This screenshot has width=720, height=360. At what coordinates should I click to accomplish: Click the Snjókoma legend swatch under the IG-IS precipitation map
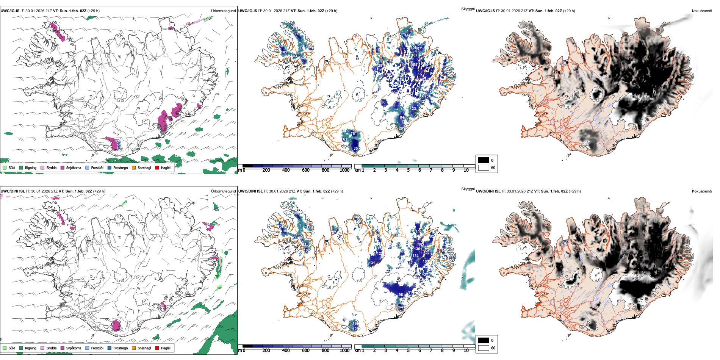63,167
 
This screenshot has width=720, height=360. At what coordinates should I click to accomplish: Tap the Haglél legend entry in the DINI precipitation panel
165,348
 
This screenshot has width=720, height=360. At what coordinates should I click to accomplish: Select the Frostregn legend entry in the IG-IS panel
120,167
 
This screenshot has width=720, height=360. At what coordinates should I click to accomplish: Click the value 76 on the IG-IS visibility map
353,133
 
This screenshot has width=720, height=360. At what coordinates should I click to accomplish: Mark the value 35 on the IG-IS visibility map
356,149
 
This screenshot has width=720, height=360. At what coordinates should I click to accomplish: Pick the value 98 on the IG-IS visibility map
383,102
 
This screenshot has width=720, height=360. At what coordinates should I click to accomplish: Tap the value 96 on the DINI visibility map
401,294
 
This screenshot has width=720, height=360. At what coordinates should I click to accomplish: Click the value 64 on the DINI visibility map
401,307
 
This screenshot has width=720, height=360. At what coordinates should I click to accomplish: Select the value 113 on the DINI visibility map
429,254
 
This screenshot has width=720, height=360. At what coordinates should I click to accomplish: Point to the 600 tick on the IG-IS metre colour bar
306,170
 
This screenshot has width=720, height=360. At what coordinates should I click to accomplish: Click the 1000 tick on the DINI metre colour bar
344,351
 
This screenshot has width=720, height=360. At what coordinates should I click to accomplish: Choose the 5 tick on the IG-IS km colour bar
408,170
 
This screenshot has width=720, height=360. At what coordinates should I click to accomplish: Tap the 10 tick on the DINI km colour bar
466,351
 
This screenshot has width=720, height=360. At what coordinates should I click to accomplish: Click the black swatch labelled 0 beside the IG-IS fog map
484,160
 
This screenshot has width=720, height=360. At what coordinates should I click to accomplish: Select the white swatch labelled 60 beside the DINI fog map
484,348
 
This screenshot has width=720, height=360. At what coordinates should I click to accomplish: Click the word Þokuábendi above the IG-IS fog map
702,11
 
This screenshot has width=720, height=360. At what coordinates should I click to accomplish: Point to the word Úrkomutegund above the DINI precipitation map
224,191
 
